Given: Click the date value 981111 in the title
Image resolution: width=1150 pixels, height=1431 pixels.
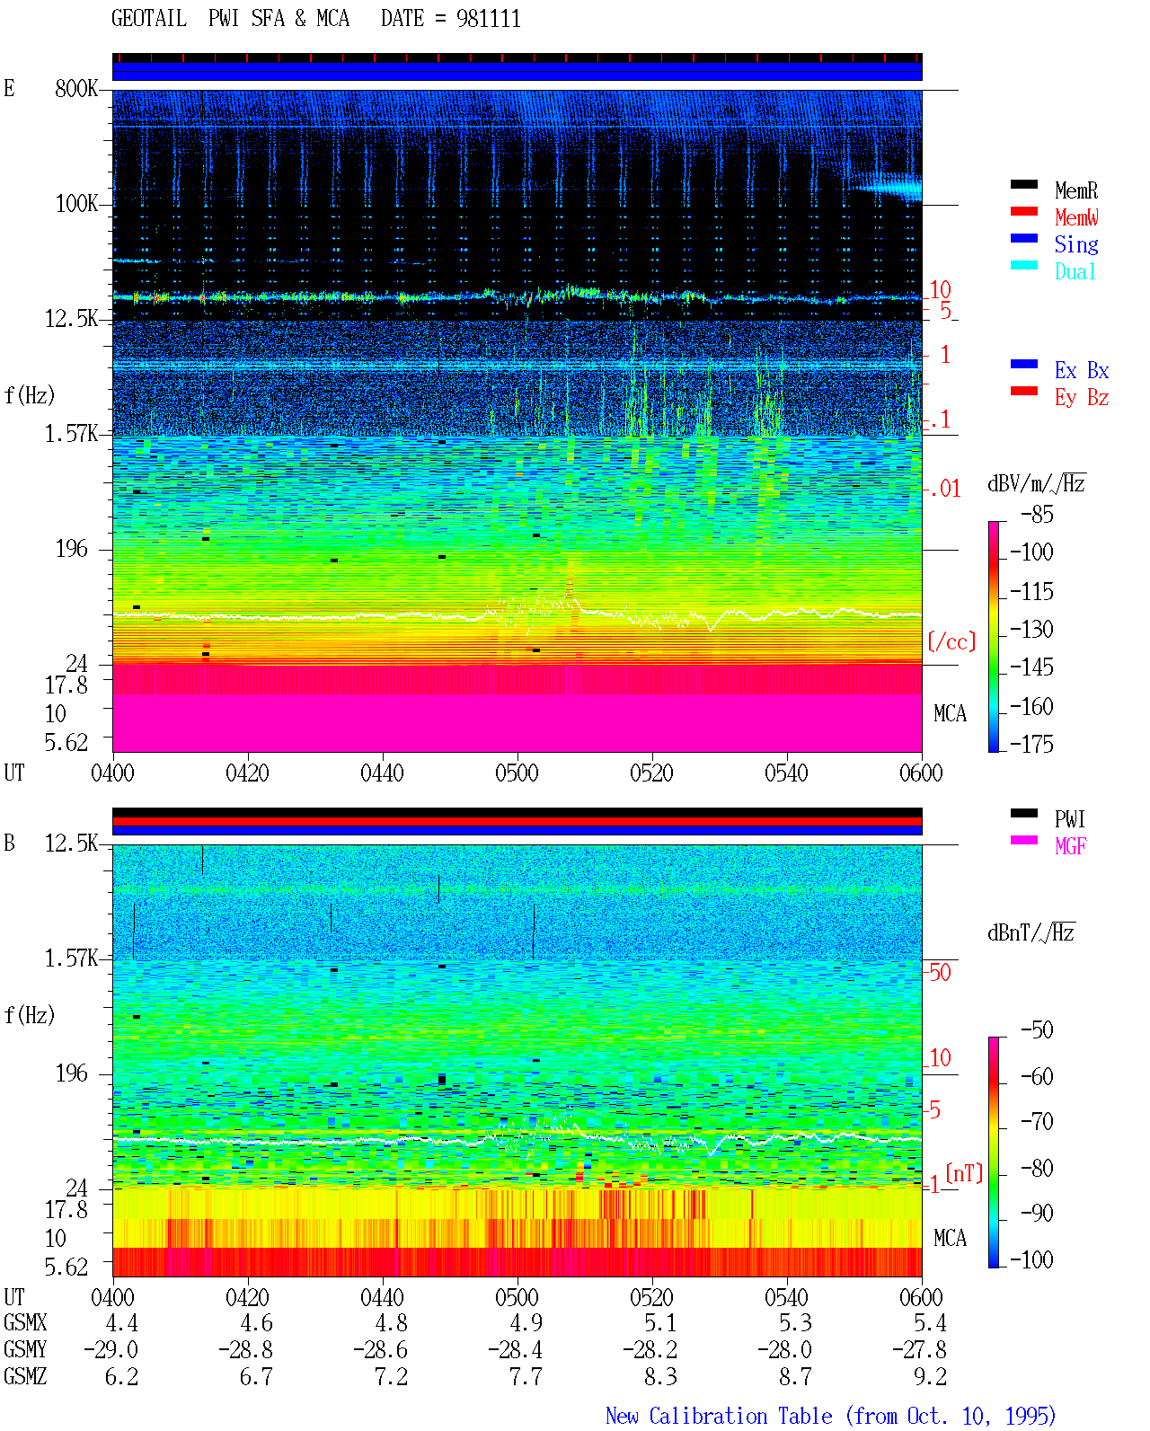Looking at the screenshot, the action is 488,19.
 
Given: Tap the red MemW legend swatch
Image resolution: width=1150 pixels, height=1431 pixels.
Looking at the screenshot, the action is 1023,211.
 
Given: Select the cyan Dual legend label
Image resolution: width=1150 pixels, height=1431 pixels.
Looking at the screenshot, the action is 1075,271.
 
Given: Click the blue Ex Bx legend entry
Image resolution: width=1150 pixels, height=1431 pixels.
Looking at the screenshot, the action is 1059,370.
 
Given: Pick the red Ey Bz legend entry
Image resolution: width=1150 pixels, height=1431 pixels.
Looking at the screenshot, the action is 1059,397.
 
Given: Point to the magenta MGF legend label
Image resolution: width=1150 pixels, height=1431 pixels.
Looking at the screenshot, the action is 1070,846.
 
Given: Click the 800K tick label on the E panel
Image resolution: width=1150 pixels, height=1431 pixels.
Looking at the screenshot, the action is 76,88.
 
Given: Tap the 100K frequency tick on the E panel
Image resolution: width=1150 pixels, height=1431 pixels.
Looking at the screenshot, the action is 76,204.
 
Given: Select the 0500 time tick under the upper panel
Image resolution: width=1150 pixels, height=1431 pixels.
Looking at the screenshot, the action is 517,773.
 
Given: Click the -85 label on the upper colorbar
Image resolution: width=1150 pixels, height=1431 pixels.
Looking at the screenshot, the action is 1036,514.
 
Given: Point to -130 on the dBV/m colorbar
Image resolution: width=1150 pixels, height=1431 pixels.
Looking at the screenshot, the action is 1031,629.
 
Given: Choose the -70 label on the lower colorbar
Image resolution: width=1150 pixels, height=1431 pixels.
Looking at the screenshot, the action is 1036,1122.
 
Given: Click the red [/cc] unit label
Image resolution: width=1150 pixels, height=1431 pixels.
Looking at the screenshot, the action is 951,641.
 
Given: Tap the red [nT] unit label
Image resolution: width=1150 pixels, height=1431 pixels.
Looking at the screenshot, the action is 964,1173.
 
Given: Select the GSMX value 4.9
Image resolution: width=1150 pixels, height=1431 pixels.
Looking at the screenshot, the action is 526,1323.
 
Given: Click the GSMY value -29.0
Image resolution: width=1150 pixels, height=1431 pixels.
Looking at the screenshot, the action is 111,1350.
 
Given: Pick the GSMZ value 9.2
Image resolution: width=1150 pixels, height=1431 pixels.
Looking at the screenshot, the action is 930,1376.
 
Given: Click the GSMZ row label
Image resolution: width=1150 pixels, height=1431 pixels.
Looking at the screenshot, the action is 25,1376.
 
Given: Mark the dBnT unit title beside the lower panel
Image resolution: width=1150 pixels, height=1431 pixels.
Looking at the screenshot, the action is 1031,933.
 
